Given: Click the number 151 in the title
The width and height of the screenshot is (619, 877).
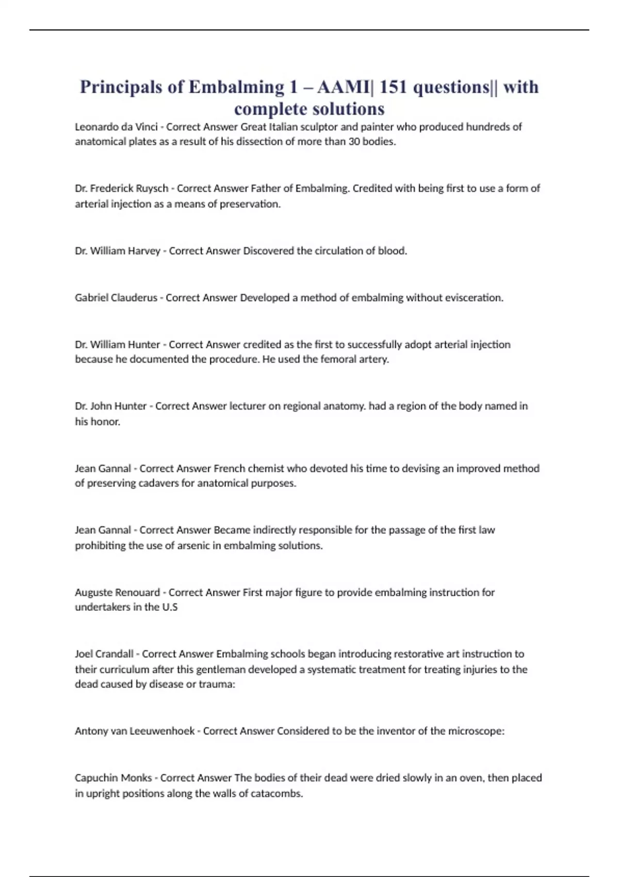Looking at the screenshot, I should pyautogui.click(x=393, y=87).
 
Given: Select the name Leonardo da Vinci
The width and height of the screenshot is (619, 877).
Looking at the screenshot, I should pyautogui.click(x=116, y=127).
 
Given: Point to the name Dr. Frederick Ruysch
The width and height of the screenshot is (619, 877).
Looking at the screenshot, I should pyautogui.click(x=121, y=189).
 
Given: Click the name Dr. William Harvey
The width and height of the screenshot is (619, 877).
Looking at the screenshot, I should pyautogui.click(x=117, y=251).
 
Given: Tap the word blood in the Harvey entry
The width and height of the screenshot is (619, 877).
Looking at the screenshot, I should pyautogui.click(x=393, y=251).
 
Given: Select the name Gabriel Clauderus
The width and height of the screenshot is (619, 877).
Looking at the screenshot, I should pyautogui.click(x=116, y=298).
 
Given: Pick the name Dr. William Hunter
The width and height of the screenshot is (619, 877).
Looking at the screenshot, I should pyautogui.click(x=117, y=345).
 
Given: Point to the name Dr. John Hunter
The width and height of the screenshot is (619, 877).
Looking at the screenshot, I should pyautogui.click(x=110, y=407).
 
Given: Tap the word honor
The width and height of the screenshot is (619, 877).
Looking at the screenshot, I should pyautogui.click(x=108, y=422).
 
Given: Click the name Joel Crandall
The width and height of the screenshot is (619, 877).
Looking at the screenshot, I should pyautogui.click(x=104, y=654).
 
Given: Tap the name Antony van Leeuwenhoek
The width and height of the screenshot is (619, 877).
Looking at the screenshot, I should pyautogui.click(x=135, y=731).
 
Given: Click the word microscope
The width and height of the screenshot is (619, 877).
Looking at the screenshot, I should pyautogui.click(x=476, y=731).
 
